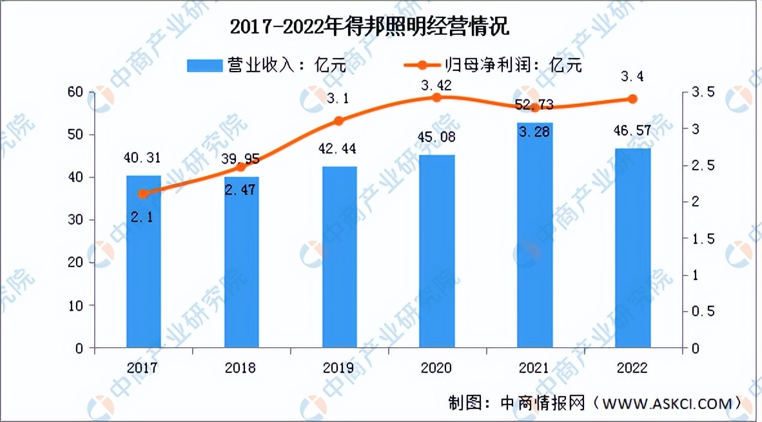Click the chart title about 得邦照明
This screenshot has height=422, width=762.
pyautogui.click(x=369, y=27)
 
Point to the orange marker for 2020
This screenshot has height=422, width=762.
pyautogui.click(x=436, y=97)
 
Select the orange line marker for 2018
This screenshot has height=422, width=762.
pyautogui.click(x=241, y=167)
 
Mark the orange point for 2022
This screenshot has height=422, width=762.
pyautogui.click(x=632, y=99)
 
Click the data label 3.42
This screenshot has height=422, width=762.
pyautogui.click(x=436, y=85)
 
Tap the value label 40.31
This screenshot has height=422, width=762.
pyautogui.click(x=143, y=157)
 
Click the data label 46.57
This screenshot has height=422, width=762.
pyautogui.click(x=632, y=132)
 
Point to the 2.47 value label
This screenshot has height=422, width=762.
pyautogui.click(x=241, y=189)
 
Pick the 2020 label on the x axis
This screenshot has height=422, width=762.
pyautogui.click(x=436, y=368)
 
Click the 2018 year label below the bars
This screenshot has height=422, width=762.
pyautogui.click(x=241, y=368)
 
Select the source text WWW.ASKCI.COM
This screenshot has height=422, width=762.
pyautogui.click(x=667, y=405)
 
